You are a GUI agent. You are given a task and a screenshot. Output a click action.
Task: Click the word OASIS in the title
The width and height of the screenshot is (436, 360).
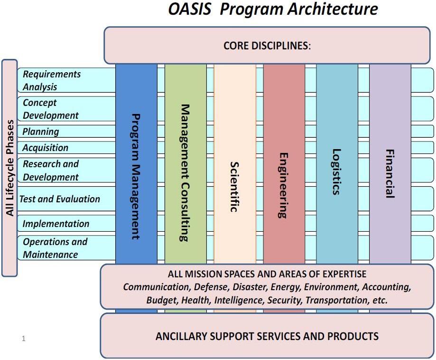coord(190,9)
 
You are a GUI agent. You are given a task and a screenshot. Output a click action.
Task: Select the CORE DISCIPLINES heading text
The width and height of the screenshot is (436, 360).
coord(267,46)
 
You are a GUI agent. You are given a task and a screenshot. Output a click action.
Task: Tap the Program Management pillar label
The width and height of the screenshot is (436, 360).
coord(136,176)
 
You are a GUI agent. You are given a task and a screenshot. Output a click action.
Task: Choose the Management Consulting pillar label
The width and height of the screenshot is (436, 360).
coord(185,173)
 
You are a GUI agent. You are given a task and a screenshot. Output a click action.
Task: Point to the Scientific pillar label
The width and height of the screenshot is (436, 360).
coord(234,187)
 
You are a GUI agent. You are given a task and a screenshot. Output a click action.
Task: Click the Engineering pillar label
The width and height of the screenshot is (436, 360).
coord(284,185)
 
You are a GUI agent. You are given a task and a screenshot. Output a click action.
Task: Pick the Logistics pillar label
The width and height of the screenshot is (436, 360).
coord(336,172)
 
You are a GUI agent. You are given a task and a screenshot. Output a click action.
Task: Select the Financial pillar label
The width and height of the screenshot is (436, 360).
coord(390,174)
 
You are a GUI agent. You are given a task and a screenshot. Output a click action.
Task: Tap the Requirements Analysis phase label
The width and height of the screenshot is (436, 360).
coord(51,80)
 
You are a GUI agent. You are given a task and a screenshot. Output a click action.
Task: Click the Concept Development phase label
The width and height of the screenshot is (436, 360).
coord(50,109)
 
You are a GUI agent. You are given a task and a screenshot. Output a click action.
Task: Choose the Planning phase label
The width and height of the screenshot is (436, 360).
coord(41,132)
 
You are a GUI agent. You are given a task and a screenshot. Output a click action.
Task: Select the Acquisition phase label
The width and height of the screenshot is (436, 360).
coord(45,148)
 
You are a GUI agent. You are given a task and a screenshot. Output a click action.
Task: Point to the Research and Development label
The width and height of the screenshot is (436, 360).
coord(50,171)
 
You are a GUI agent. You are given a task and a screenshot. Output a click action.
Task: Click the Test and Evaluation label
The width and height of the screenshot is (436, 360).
coord(59,199)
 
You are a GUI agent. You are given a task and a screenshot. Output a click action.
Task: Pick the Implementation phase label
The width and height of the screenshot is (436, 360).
coord(56,224)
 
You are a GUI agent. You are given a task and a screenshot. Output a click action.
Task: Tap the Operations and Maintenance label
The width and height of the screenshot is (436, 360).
coord(55,248)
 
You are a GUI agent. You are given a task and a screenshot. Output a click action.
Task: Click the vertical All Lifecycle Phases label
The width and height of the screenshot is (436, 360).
coord(9,168)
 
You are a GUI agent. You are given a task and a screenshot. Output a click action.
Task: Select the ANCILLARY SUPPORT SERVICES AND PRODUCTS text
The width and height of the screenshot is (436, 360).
coord(267,336)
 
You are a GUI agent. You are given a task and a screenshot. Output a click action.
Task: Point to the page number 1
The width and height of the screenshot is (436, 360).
coord(23,339)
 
